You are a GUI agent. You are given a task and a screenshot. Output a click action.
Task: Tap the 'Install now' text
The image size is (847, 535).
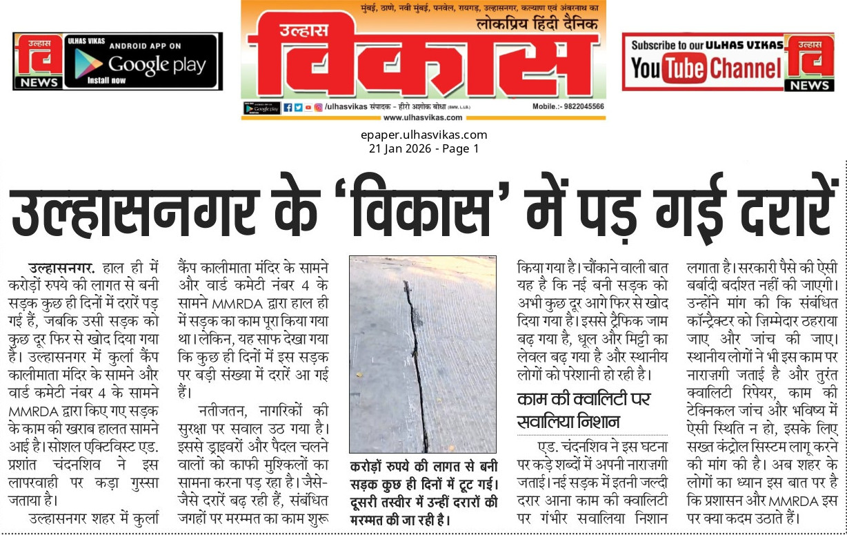click(x=106, y=81)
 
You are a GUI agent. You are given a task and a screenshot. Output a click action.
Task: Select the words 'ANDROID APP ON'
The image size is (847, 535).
click(x=145, y=46)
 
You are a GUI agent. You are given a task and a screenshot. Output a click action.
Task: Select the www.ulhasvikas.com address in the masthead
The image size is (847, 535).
click(x=422, y=117)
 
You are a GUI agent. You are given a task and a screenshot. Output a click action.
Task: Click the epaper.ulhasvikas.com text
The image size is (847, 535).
click(x=423, y=135)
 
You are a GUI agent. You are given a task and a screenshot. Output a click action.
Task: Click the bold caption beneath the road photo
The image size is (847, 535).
click(x=423, y=492)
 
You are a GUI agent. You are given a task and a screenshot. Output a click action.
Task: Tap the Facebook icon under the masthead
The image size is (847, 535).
click(x=288, y=108)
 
